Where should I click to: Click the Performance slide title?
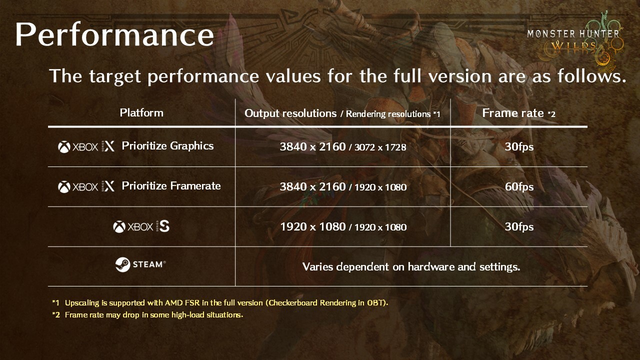pos(114,35)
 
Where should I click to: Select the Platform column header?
pos(141,113)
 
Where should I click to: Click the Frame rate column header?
pos(518,113)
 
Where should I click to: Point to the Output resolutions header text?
pos(290,113)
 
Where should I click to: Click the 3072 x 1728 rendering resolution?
pos(380,147)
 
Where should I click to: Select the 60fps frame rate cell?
pos(519,187)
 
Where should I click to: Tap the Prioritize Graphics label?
pos(167,146)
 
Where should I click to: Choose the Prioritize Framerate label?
pos(171,186)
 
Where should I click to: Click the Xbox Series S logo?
pos(141,227)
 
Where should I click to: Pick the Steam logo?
pos(140,264)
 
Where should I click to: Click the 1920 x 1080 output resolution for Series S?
pos(313,227)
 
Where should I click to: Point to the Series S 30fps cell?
pos(519,227)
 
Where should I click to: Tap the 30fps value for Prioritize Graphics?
pos(519,147)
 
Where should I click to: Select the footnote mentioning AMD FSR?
pos(220,303)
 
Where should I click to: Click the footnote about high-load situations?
pos(147,315)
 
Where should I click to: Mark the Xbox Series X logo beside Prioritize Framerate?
pos(86,186)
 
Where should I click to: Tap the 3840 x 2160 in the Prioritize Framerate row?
pos(312,187)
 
